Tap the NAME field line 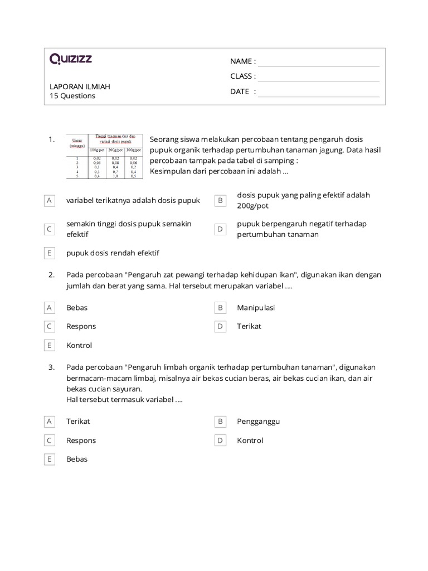tap(318, 61)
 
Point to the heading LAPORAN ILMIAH tap(80, 86)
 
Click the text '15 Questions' tap(72, 96)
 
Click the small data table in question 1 tap(105, 156)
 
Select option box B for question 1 tap(220, 200)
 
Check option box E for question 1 tap(50, 253)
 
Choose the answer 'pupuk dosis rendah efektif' tap(113, 253)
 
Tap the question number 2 tap(51, 275)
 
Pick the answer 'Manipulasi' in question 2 tap(256, 308)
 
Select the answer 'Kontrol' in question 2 tap(79, 346)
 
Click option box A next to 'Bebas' tap(50, 308)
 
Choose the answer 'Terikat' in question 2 tap(249, 327)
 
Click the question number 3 tap(51, 367)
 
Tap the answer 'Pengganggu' tap(258, 422)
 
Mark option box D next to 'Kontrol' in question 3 tap(220, 441)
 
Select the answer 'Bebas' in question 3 tap(77, 459)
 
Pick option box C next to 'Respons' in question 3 tap(50, 441)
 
